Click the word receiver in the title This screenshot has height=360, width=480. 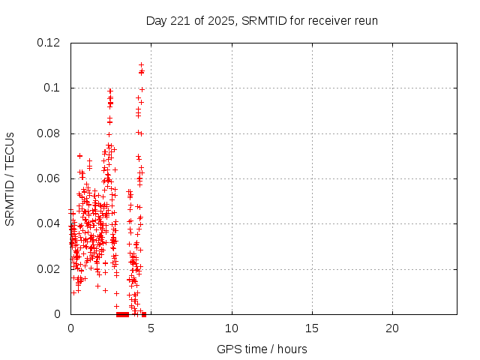pyautogui.click(x=328, y=20)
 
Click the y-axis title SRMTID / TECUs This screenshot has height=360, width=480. pyautogui.click(x=10, y=178)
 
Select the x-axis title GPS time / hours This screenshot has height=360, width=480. pyautogui.click(x=262, y=349)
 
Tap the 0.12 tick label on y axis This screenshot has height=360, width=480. pyautogui.click(x=49, y=43)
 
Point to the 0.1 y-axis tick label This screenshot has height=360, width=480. pyautogui.click(x=52, y=88)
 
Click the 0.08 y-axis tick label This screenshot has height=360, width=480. pyautogui.click(x=49, y=133)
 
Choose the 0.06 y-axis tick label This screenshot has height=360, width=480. pyautogui.click(x=49, y=178)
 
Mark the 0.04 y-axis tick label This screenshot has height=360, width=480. pyautogui.click(x=49, y=223)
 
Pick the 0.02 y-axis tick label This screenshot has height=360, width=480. pyautogui.click(x=49, y=268)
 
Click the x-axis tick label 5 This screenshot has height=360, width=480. pyautogui.click(x=151, y=328)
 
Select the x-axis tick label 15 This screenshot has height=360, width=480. pyautogui.click(x=311, y=328)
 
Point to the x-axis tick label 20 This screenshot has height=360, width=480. pyautogui.click(x=392, y=328)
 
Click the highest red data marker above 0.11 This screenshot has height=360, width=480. pyautogui.click(x=141, y=65)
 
